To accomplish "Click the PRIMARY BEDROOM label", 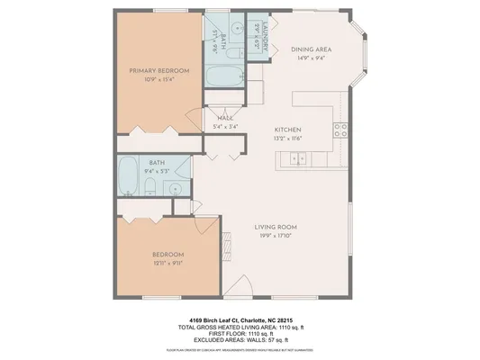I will pos(158,70).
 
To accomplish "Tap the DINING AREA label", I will pos(312,50).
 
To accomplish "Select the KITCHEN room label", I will pos(287,129).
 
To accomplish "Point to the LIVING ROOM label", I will pos(275,226).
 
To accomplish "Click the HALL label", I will pos(226,117).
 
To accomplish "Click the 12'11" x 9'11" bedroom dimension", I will pos(168,264).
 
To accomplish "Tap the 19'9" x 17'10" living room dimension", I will pos(275,235).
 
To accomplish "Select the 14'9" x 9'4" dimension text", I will pos(312,58).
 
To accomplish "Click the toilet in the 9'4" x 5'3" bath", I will pos(150,189).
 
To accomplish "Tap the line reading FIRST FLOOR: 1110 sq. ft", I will pos(239,332).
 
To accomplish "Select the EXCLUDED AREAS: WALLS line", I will pos(239,339).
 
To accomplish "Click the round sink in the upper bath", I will pos(237,29).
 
